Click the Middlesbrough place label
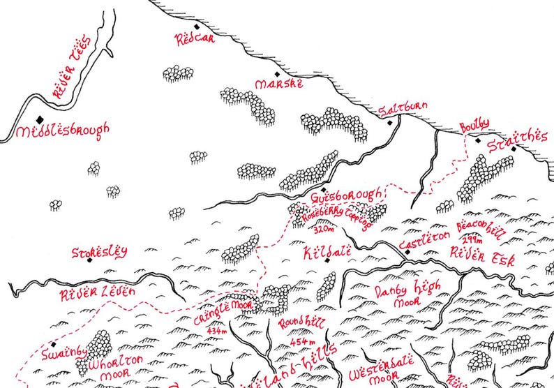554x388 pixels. [x=63, y=130]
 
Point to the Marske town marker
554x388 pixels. [x=277, y=74]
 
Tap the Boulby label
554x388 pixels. [x=474, y=125]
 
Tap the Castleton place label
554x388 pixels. [x=424, y=238]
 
